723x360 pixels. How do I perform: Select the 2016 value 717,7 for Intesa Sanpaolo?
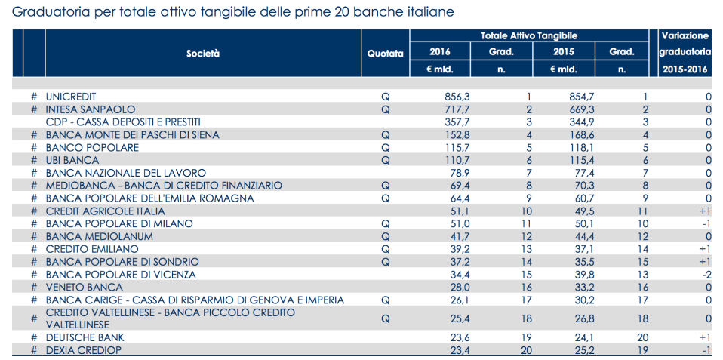(x=454, y=109)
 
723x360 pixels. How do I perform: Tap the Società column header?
(x=203, y=54)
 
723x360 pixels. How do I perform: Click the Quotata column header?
(x=385, y=54)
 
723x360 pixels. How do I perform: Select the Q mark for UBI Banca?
(x=386, y=160)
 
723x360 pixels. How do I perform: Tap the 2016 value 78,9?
(x=457, y=173)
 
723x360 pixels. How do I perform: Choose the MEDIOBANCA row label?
(x=164, y=186)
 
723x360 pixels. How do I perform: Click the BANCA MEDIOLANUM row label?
(x=99, y=236)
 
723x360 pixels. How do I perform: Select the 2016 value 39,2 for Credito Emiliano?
(x=457, y=249)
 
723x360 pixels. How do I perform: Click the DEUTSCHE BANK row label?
(x=85, y=337)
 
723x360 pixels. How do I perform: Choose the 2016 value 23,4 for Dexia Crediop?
(x=457, y=349)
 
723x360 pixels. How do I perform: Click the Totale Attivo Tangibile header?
(x=529, y=35)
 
